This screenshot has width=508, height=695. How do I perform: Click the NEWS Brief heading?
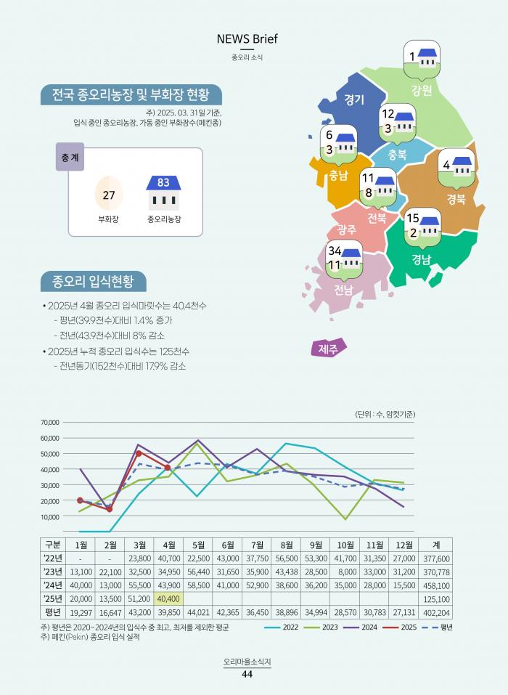tap(247, 38)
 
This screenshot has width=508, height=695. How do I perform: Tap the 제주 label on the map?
tap(328, 349)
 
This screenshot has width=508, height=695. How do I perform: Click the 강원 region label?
tap(421, 91)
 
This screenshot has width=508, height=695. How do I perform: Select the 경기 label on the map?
tap(354, 99)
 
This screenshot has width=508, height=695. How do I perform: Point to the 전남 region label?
tap(343, 290)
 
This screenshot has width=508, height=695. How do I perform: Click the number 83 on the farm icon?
tap(163, 182)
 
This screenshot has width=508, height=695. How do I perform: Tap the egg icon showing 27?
tap(109, 195)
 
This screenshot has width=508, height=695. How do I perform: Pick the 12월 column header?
tap(403, 545)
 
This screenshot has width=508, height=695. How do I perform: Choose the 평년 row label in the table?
tap(52, 611)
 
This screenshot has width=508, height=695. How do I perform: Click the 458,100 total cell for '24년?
tap(435, 585)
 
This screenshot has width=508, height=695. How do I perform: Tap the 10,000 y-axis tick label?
tap(49, 517)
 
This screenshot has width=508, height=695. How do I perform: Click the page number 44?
tap(247, 674)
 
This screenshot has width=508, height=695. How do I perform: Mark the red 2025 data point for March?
tap(139, 453)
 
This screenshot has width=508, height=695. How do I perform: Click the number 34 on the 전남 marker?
tap(335, 251)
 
